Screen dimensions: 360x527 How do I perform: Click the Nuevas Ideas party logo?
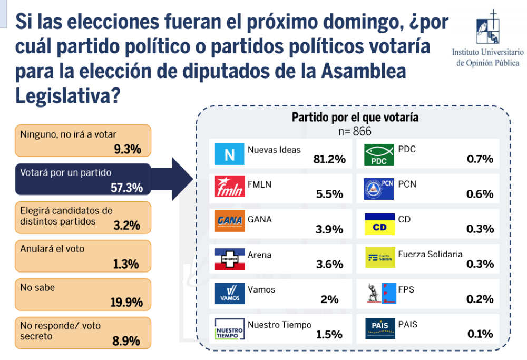tap(229, 154)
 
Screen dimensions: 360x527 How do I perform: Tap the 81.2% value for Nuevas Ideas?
tap(330, 159)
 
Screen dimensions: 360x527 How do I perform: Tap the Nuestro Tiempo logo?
tap(229, 329)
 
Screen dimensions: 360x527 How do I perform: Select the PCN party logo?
tap(379, 189)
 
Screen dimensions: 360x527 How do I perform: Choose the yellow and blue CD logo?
tap(379, 224)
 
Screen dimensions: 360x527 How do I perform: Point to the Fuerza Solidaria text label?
tap(431, 254)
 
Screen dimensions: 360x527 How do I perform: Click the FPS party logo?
tap(380, 293)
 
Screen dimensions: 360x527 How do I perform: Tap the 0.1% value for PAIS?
tap(480, 334)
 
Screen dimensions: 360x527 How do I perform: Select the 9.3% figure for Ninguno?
tap(128, 149)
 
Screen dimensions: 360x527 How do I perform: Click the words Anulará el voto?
tap(52, 249)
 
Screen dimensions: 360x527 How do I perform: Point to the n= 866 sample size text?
tap(355, 131)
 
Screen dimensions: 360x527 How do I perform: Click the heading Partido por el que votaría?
tap(355, 117)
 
